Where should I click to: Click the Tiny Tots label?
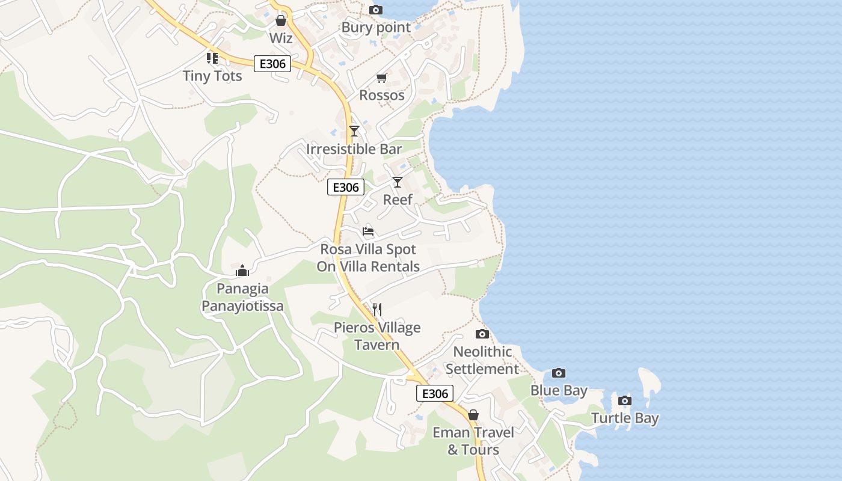click(x=212, y=76)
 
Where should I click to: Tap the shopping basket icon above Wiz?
click(x=280, y=21)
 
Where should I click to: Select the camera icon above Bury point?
click(x=375, y=10)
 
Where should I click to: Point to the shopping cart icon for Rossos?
click(x=381, y=78)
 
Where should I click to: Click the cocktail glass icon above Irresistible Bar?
click(x=354, y=130)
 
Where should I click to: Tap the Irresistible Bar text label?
click(x=354, y=149)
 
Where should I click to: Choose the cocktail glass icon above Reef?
click(x=397, y=182)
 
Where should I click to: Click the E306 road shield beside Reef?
click(x=345, y=187)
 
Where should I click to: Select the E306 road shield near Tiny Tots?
click(x=272, y=64)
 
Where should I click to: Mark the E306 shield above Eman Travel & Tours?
click(x=434, y=393)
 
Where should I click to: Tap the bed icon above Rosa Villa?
click(x=368, y=231)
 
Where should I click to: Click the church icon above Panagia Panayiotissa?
click(x=242, y=271)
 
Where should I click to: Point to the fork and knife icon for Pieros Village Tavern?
click(x=377, y=310)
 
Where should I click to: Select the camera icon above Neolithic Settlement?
click(x=482, y=334)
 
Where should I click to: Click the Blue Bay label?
click(x=558, y=391)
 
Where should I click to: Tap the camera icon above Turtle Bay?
click(x=625, y=400)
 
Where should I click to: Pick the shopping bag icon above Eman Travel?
click(x=473, y=415)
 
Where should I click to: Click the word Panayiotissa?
click(x=242, y=306)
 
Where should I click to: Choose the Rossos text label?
click(x=381, y=95)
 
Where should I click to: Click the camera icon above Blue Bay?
click(x=558, y=373)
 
